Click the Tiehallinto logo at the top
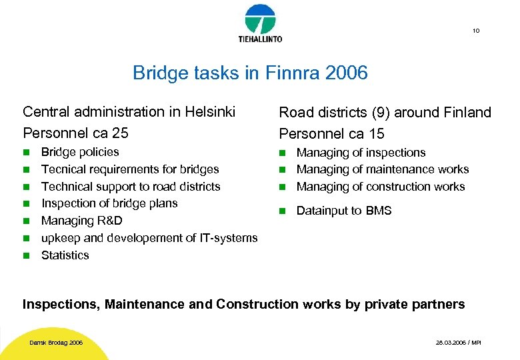point(260,23)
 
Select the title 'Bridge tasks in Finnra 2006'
point(250,73)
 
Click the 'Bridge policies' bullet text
point(80,152)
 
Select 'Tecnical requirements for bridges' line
point(130,169)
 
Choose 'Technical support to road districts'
point(131,187)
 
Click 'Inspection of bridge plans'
point(109,203)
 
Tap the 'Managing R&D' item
point(81,221)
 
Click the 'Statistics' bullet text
point(65,255)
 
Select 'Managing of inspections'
point(361,153)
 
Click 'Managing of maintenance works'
point(383,169)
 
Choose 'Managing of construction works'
point(381,187)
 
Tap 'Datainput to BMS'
point(344,211)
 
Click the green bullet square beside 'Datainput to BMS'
point(281,211)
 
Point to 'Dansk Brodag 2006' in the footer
point(56,343)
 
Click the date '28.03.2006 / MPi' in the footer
point(457,343)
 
